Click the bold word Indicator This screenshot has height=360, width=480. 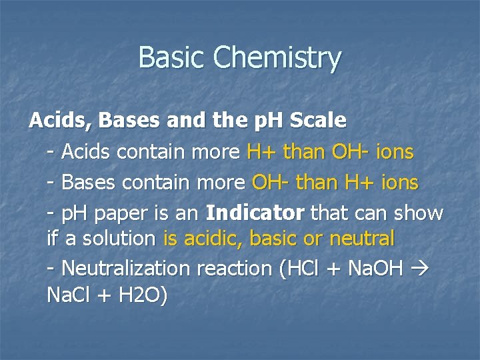tap(255, 213)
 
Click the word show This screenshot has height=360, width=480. tap(418, 213)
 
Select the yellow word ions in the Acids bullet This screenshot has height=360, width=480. tap(394, 153)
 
